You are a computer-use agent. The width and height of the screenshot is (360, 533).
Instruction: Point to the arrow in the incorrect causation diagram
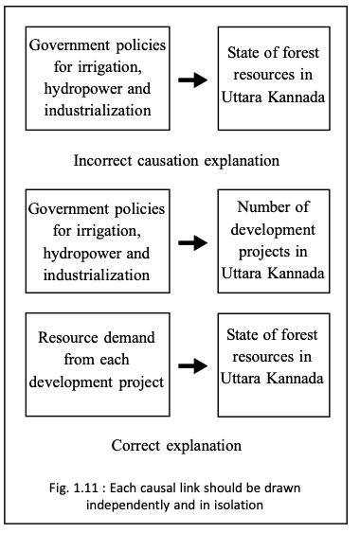[x=193, y=80]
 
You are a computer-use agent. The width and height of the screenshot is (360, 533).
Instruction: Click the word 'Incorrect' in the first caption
[x=110, y=160]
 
